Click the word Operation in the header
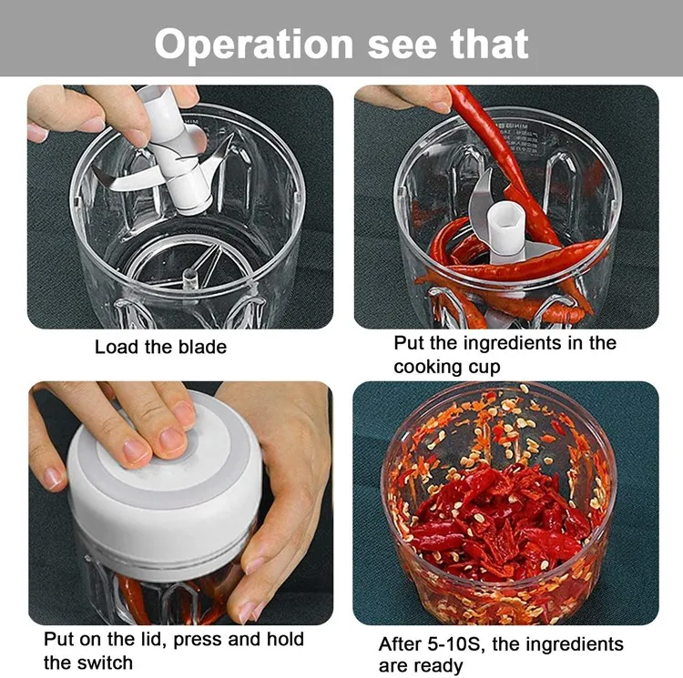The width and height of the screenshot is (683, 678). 253,45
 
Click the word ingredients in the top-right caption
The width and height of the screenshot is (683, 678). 512,343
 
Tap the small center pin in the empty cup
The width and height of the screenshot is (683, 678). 190,278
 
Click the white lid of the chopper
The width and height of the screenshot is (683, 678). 166,491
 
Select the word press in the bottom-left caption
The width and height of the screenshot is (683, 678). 198,640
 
